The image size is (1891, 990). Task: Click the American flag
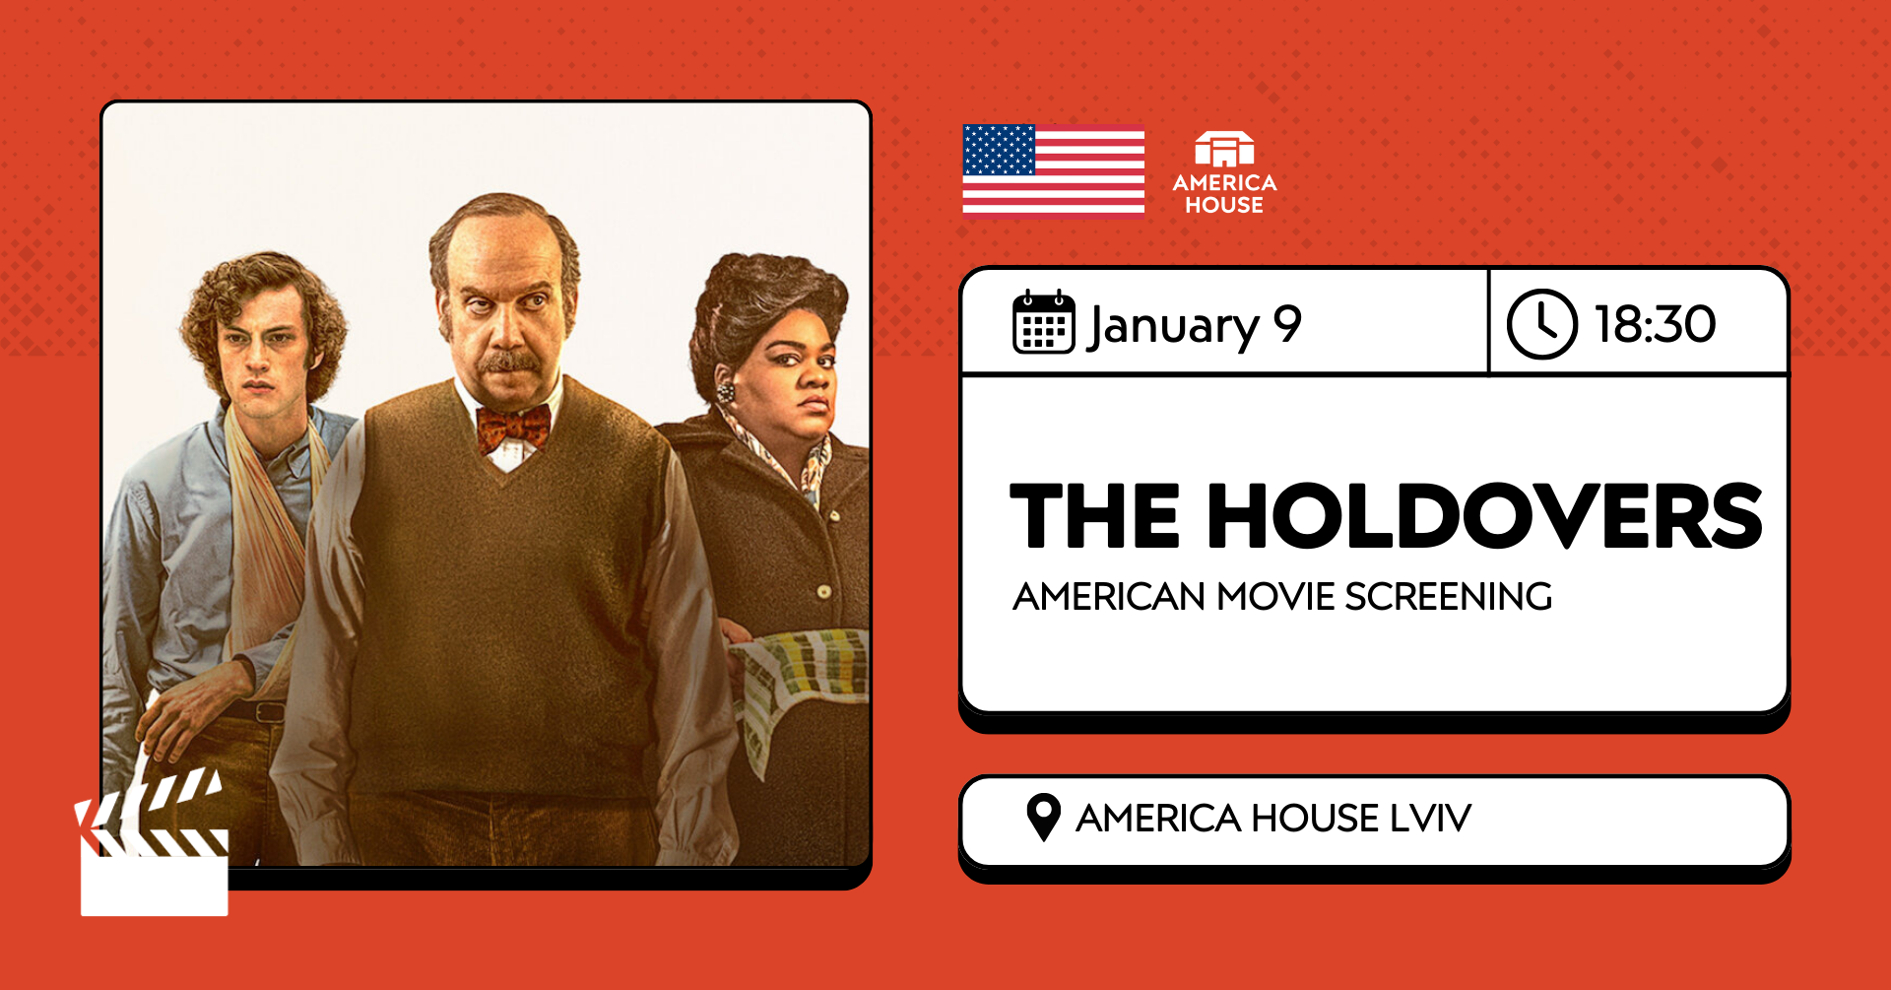click(x=1053, y=168)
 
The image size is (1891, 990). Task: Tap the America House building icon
click(x=1224, y=149)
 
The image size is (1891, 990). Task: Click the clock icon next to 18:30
click(x=1541, y=323)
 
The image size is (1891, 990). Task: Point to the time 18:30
click(x=1655, y=324)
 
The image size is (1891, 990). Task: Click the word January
click(x=1173, y=326)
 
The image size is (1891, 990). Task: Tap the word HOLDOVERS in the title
click(x=1484, y=515)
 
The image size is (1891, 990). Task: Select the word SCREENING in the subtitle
click(x=1448, y=597)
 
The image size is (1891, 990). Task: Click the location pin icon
click(x=1043, y=817)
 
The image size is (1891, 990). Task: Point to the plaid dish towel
click(x=803, y=680)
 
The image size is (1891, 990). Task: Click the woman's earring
click(x=726, y=392)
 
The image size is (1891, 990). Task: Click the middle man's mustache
click(x=509, y=363)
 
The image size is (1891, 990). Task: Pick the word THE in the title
click(x=1094, y=515)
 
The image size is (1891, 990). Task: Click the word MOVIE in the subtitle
click(x=1275, y=597)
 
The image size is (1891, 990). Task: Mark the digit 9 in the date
click(x=1287, y=323)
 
